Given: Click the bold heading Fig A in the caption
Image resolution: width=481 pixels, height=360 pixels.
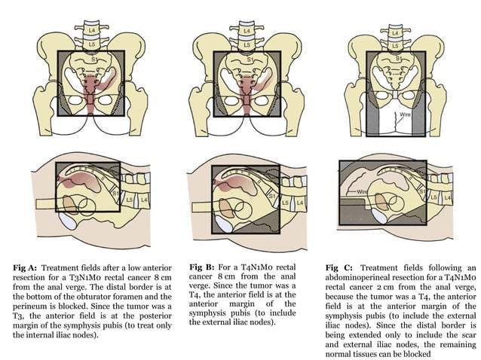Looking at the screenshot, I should point(27,267).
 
